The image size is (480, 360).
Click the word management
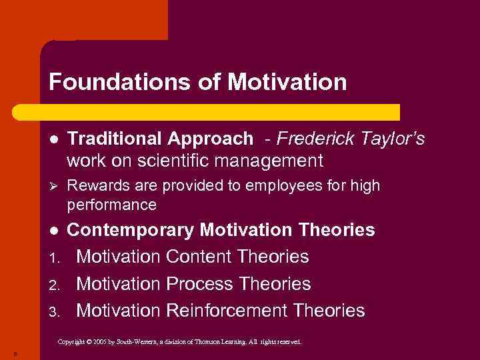[x=271, y=161]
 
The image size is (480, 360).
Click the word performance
[x=111, y=204]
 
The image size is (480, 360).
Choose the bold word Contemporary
[x=131, y=231]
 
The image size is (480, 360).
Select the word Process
[x=199, y=284]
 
